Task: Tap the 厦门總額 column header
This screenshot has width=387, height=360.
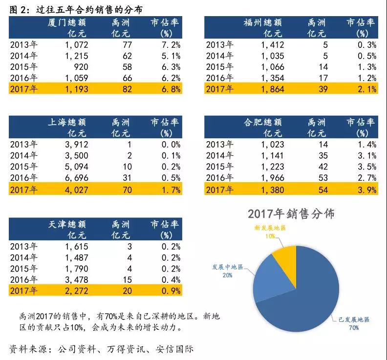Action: point(67,22)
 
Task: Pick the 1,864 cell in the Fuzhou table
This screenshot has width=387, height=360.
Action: point(273,89)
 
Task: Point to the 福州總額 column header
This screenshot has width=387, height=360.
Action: point(263,22)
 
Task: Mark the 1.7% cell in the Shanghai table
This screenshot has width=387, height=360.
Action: point(170,189)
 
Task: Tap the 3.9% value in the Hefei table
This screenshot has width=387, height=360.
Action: point(365,189)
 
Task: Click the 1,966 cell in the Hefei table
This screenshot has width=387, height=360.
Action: point(273,177)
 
